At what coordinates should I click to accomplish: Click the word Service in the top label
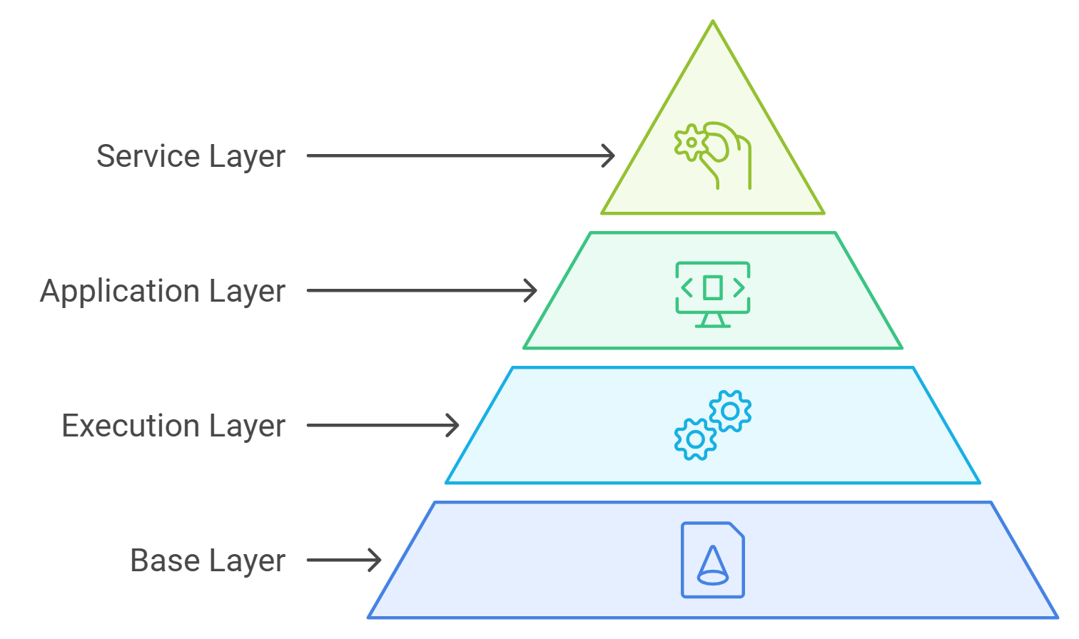pyautogui.click(x=148, y=156)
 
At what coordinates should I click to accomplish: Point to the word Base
pyautogui.click(x=158, y=561)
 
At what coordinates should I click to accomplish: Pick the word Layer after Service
pyautogui.click(x=248, y=157)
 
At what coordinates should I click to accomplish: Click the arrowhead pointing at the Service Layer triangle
pyautogui.click(x=609, y=155)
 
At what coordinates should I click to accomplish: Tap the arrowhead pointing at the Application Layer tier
pyautogui.click(x=530, y=290)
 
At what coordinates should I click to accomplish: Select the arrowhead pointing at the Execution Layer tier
pyautogui.click(x=452, y=426)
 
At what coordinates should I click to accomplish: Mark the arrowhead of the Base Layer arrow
pyautogui.click(x=375, y=561)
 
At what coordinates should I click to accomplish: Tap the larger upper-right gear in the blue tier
pyautogui.click(x=730, y=411)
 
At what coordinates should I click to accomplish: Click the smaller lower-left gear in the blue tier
pyautogui.click(x=694, y=439)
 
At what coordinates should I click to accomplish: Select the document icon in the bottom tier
pyautogui.click(x=712, y=560)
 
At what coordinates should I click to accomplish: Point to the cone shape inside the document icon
pyautogui.click(x=711, y=567)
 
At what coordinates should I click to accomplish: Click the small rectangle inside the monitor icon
pyautogui.click(x=712, y=287)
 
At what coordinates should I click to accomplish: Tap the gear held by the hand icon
pyautogui.click(x=691, y=142)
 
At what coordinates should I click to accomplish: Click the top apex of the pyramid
pyautogui.click(x=713, y=23)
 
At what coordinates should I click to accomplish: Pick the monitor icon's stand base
pyautogui.click(x=712, y=325)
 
